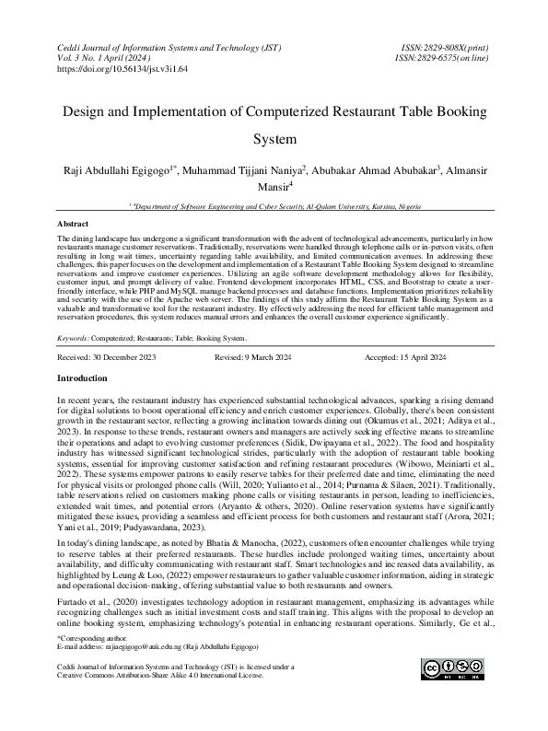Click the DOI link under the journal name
tap(122, 69)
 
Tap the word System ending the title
tap(274, 141)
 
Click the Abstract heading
tap(73, 224)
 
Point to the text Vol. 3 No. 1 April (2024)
tap(108, 57)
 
